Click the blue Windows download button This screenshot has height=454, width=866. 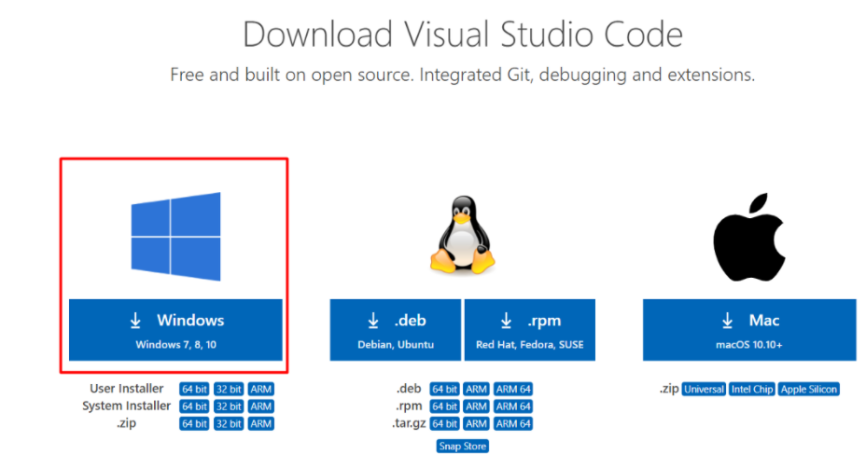click(x=175, y=329)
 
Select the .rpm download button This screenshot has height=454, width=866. click(x=530, y=329)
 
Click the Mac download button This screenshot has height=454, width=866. click(x=749, y=329)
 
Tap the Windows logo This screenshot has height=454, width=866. click(x=175, y=237)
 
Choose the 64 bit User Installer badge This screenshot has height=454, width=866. click(x=194, y=389)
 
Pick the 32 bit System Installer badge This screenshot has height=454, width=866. click(x=228, y=406)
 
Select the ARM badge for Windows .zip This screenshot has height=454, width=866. click(x=261, y=423)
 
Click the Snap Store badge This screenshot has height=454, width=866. click(x=463, y=447)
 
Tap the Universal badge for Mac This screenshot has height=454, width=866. click(x=704, y=389)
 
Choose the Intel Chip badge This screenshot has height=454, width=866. click(x=752, y=389)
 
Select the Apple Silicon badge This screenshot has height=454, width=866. click(x=808, y=389)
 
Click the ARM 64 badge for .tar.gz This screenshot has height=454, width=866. click(x=513, y=423)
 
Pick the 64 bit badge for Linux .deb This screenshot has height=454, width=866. click(x=444, y=389)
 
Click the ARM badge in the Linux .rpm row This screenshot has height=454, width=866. click(x=476, y=406)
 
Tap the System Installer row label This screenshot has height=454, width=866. click(x=127, y=406)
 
